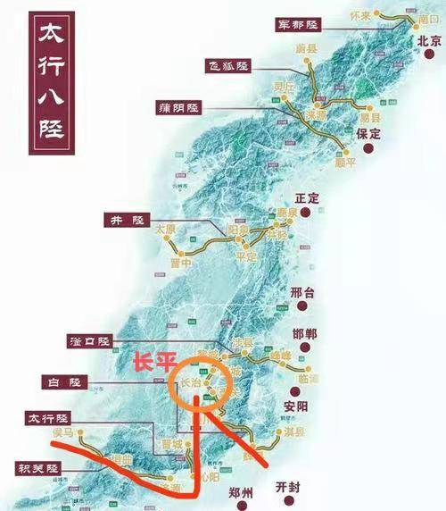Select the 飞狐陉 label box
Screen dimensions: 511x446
pos(229,66)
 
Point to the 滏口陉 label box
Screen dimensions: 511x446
pos(90,342)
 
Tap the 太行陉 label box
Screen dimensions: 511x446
pos(48,419)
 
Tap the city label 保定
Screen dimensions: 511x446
pos(368,134)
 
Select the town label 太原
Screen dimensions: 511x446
pos(166,230)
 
